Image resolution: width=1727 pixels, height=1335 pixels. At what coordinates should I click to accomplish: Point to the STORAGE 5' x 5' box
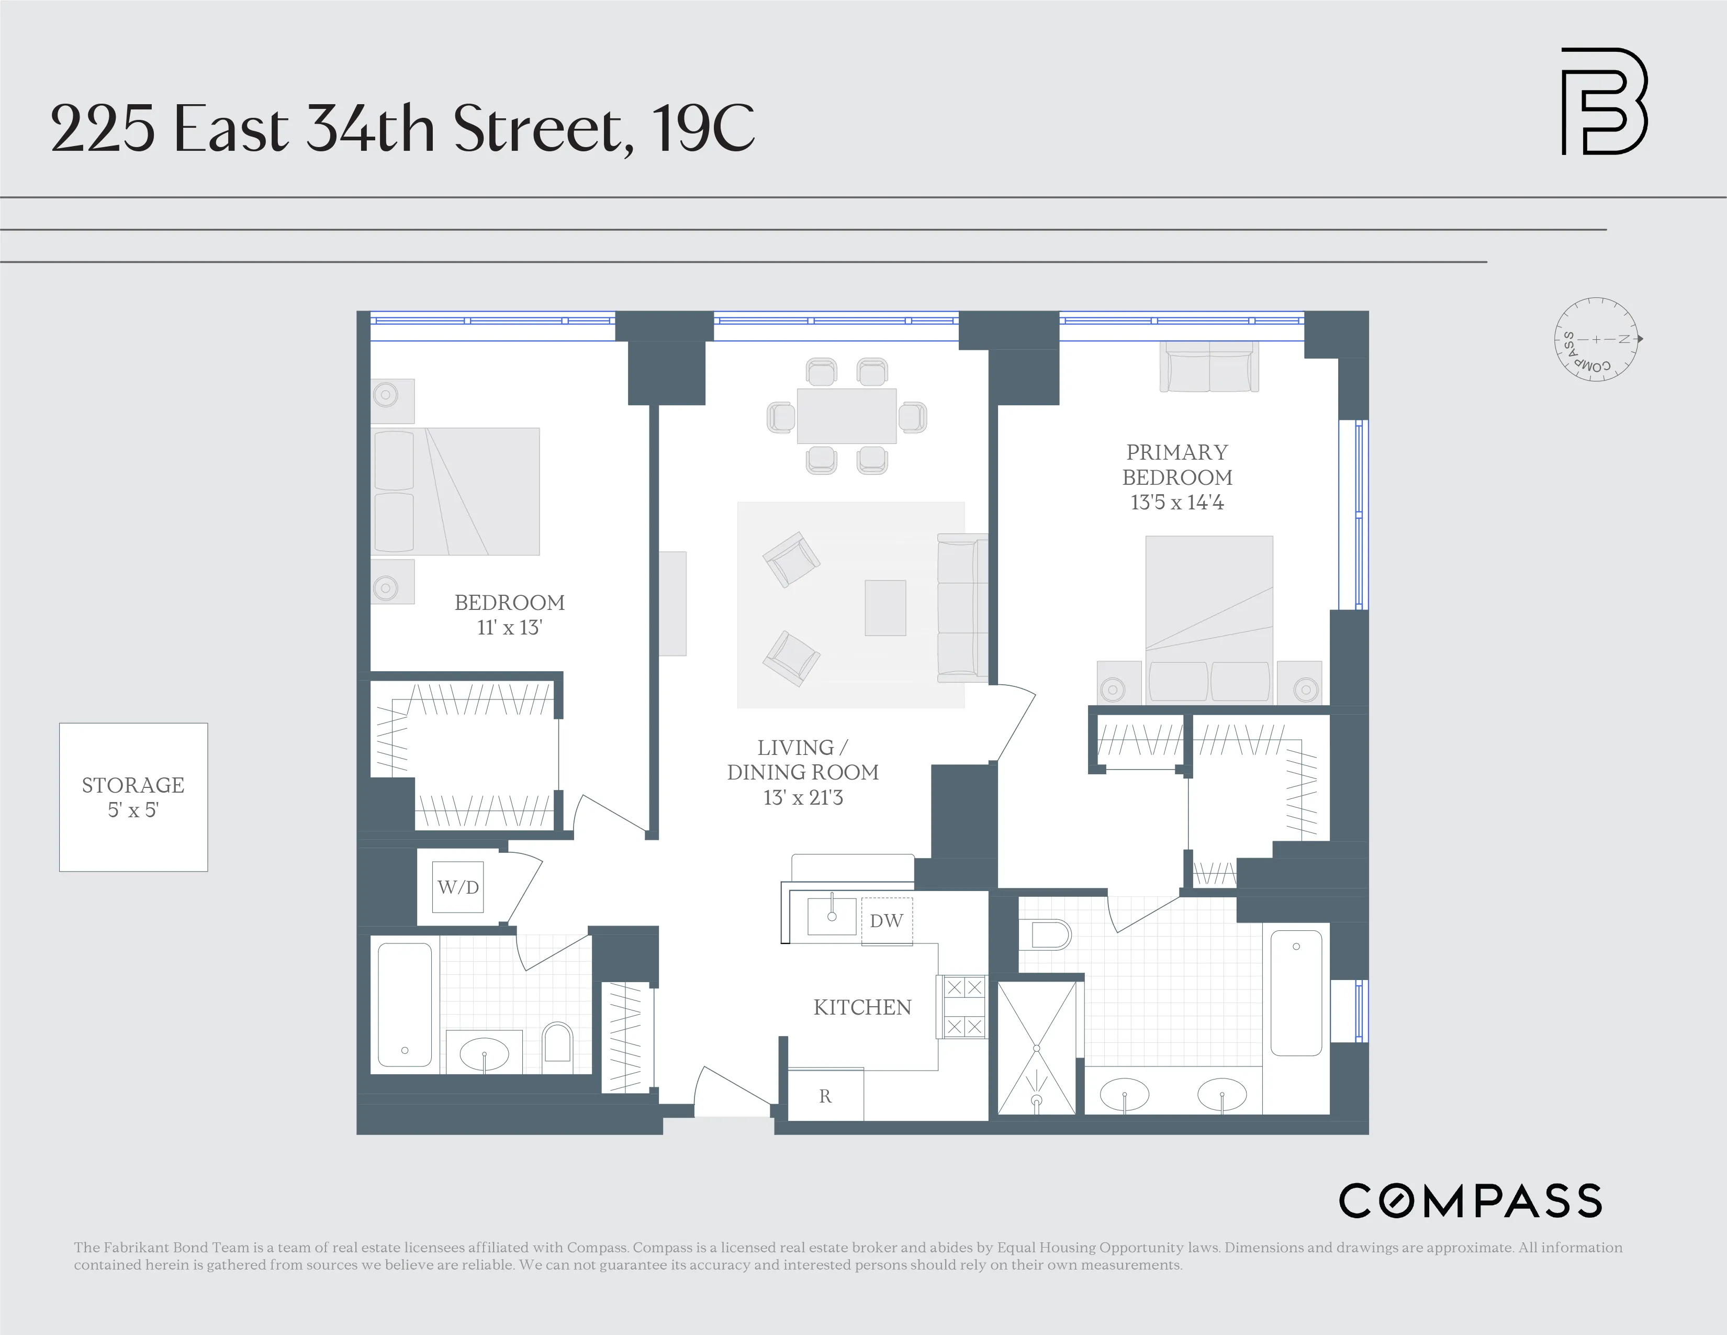click(x=133, y=797)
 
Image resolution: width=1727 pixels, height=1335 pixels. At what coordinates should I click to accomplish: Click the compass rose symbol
click(x=1596, y=339)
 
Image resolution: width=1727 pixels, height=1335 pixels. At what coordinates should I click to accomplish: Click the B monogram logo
click(x=1603, y=101)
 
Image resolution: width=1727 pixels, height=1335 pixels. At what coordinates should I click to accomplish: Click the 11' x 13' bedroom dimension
click(x=509, y=628)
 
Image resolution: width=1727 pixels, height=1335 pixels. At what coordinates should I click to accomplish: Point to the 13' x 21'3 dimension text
click(x=803, y=798)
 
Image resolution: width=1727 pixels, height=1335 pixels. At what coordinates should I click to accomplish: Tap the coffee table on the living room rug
click(x=885, y=607)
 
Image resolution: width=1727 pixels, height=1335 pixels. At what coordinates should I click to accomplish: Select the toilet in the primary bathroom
click(x=1046, y=935)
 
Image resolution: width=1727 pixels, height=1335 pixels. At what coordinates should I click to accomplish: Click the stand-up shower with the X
click(x=1036, y=1048)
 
